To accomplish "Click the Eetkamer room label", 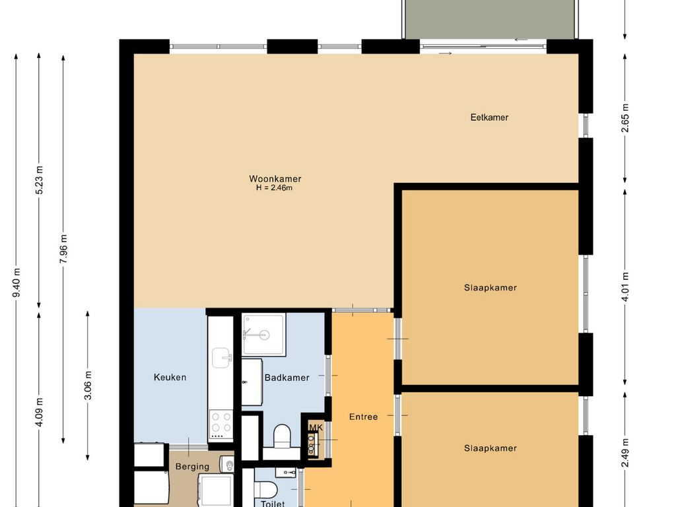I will coord(489,118).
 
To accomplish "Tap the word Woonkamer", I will coord(275,179).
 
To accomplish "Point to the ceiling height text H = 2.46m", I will coord(274,188).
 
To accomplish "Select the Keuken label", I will coord(170,378).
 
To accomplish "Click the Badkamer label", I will coord(287,378).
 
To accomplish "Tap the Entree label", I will coord(363,417).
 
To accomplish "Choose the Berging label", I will coord(192,467).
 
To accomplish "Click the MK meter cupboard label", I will coord(316,428).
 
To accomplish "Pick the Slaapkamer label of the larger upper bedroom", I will coord(490,288).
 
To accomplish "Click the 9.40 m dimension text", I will coord(17,283).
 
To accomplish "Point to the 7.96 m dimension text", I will coord(63,249).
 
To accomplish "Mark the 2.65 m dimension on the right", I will coord(625,119).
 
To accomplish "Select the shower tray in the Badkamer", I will coord(263,335).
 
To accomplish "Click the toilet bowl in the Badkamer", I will coord(282,435).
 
